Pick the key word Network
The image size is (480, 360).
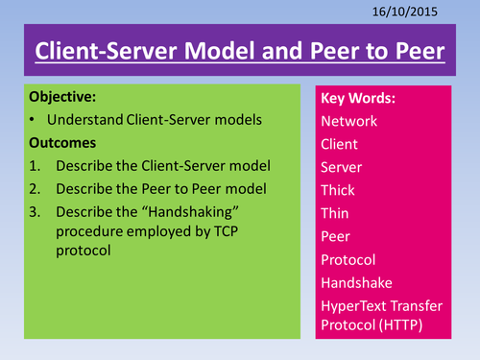click(x=350, y=122)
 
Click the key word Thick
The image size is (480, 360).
click(x=340, y=191)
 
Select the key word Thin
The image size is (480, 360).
click(x=337, y=214)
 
